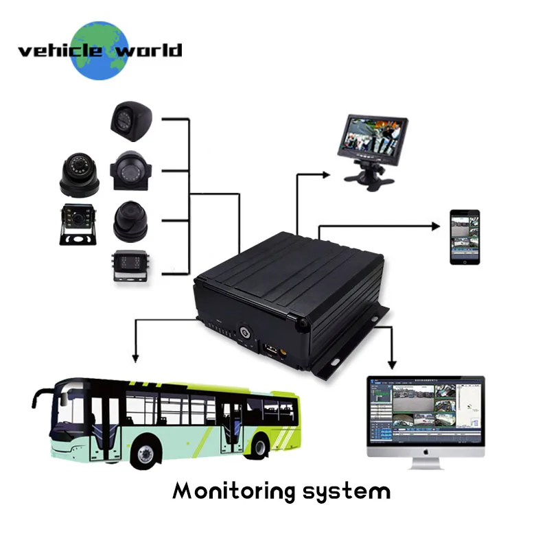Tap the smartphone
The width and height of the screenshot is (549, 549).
(x=465, y=237)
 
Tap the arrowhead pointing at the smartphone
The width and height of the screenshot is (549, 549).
(x=435, y=224)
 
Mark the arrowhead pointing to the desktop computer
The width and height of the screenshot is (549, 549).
(x=393, y=363)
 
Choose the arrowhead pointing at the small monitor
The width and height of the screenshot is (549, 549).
(x=328, y=174)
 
